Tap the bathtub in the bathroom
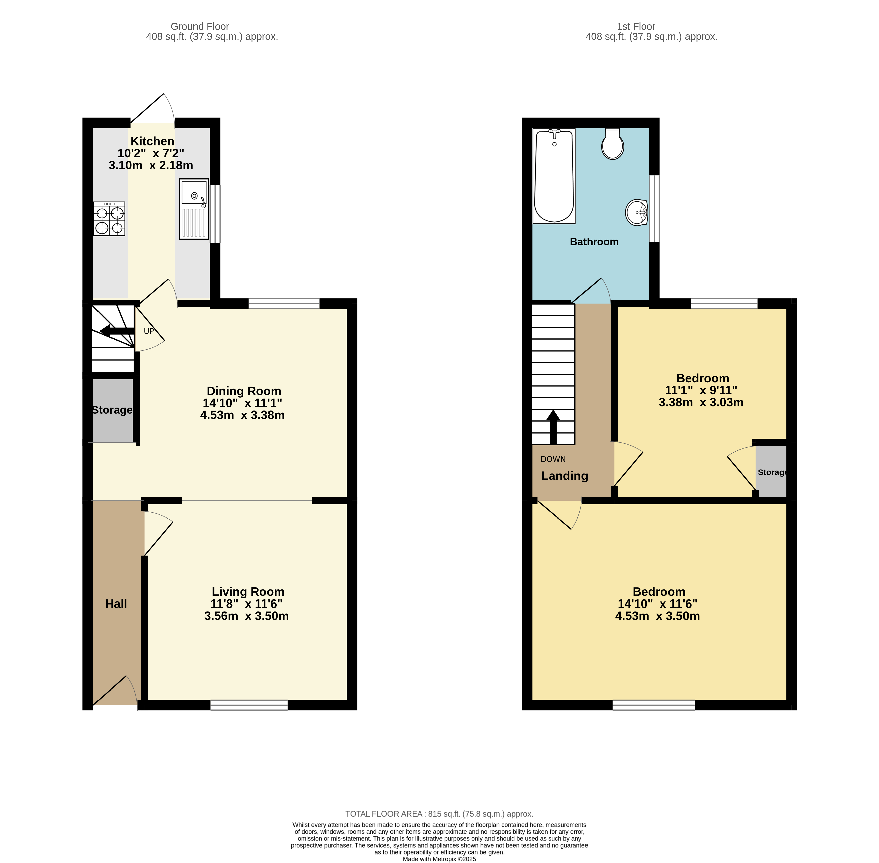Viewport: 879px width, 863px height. coord(554,176)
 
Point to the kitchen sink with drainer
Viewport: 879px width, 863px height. coord(194,209)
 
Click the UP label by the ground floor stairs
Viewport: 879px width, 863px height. coord(149,331)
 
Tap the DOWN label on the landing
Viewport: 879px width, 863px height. coord(553,459)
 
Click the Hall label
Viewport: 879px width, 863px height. coord(116,604)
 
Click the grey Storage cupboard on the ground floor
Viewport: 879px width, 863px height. coord(112,410)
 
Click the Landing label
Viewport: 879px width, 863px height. coord(564,476)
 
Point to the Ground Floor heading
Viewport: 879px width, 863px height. coord(200,26)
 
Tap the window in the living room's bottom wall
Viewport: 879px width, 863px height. coord(249,705)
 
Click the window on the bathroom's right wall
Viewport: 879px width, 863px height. coord(654,209)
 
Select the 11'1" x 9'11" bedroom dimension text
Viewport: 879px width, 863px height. coord(701,390)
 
